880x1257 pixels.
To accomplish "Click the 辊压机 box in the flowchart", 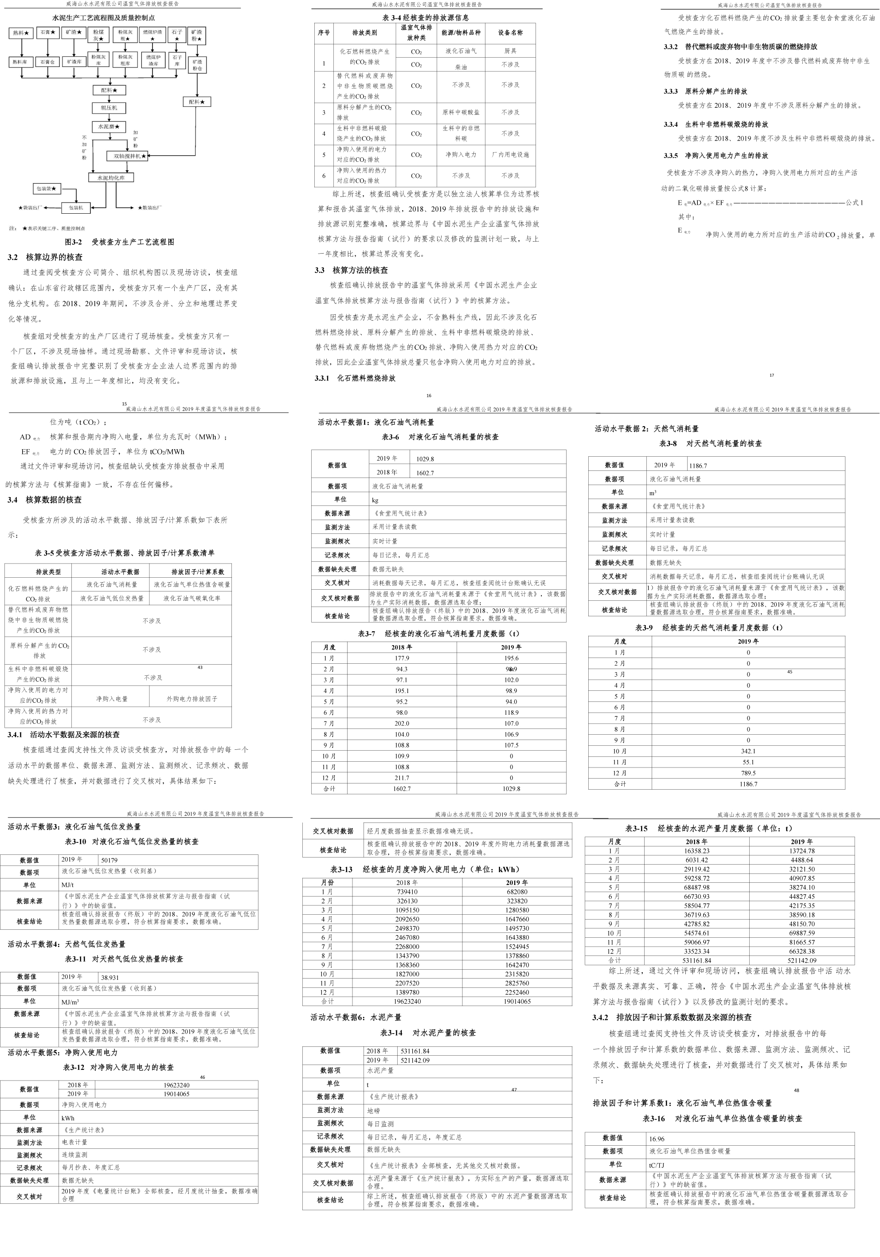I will [109, 108].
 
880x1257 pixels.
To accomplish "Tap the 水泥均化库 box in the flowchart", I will [111, 178].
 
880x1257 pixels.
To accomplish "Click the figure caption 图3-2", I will [119, 242].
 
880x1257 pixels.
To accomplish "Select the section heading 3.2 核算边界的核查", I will [45, 257].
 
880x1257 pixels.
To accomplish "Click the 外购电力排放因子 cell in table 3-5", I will [192, 699].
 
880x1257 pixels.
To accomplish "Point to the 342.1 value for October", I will [747, 751].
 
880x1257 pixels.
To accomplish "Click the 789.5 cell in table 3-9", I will [747, 773].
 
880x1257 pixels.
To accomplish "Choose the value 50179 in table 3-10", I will [110, 860].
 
